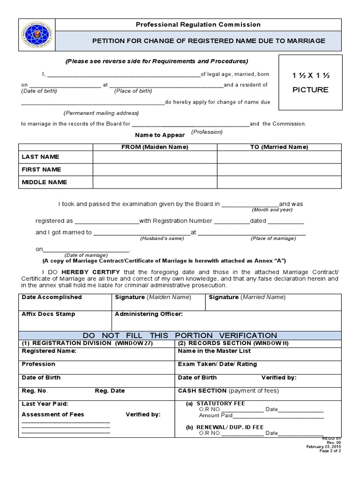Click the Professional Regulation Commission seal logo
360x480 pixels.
point(37,36)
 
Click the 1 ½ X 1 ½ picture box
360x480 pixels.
point(310,82)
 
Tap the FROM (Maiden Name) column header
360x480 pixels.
point(155,147)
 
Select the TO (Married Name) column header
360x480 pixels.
point(279,147)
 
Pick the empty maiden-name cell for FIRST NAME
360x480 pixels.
point(155,170)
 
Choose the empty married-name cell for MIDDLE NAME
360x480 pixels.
point(279,182)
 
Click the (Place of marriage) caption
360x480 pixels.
point(273,239)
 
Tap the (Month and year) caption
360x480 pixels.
point(272,210)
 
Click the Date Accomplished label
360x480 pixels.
point(52,297)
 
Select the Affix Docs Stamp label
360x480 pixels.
point(48,314)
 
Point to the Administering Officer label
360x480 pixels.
point(149,314)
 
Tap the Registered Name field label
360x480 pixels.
point(49,351)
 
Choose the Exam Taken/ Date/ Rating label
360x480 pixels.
point(217,364)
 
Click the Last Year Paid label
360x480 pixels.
point(45,404)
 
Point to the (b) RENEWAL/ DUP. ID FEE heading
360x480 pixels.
point(225,427)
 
